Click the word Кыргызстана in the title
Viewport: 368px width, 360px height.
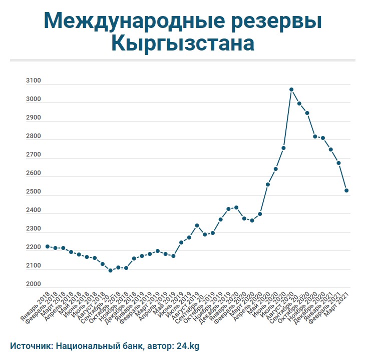[182, 43]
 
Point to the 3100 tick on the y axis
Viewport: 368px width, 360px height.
[34, 81]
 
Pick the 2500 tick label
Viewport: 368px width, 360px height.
[34, 192]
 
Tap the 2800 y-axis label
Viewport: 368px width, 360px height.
[34, 136]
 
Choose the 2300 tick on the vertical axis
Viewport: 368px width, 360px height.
[34, 229]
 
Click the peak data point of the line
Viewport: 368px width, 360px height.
[291, 89]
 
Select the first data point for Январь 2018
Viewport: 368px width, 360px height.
[47, 246]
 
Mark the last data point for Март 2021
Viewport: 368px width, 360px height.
[346, 190]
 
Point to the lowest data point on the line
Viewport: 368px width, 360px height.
[110, 270]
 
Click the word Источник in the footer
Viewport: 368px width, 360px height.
[31, 345]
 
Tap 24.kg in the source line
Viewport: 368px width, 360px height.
[188, 345]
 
